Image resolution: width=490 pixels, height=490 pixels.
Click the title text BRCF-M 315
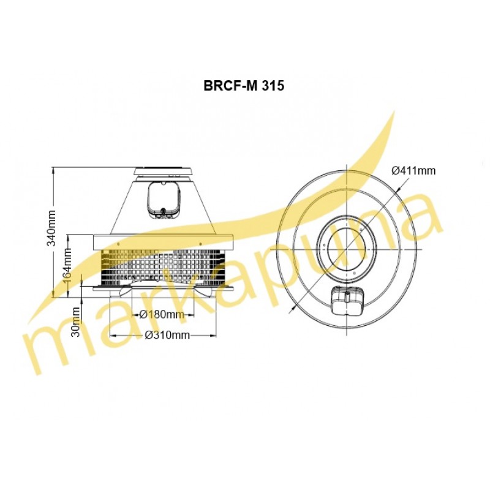(244, 86)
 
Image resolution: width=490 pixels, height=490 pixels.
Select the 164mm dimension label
(66, 265)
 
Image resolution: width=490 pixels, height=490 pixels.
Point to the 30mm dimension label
(76, 322)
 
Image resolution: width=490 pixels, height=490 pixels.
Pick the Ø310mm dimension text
(167, 335)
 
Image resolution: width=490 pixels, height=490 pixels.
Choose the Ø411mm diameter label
(413, 171)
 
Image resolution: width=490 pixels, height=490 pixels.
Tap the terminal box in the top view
(347, 301)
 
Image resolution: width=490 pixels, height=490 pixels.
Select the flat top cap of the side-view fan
(162, 171)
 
